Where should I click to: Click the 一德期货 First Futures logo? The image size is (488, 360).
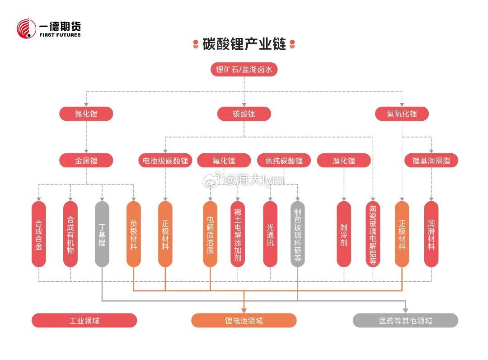(x=48, y=28)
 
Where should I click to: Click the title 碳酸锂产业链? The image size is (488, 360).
(x=244, y=44)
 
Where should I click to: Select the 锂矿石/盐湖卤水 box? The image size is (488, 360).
(x=244, y=70)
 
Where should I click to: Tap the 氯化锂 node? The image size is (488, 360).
(x=86, y=114)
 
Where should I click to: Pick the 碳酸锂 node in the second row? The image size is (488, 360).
(x=244, y=114)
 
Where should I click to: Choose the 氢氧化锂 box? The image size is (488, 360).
(x=402, y=114)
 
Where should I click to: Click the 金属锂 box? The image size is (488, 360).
(x=86, y=161)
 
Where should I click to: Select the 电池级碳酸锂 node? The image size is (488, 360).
(x=165, y=161)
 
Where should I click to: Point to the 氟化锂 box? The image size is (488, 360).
(x=224, y=161)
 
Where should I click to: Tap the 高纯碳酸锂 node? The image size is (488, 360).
(x=284, y=161)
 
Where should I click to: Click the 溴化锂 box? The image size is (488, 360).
(x=344, y=161)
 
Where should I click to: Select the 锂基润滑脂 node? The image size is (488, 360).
(x=431, y=161)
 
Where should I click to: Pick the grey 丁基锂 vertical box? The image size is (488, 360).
(x=102, y=234)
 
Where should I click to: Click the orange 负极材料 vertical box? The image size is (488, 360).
(x=134, y=234)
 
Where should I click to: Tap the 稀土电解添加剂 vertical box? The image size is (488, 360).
(x=238, y=234)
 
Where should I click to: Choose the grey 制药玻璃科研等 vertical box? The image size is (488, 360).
(x=297, y=234)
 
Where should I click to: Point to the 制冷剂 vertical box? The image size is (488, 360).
(x=344, y=234)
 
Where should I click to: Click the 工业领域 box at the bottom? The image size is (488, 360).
(x=84, y=321)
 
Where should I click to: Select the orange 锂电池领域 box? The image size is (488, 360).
(x=244, y=321)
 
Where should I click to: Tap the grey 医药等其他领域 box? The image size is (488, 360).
(x=405, y=321)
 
